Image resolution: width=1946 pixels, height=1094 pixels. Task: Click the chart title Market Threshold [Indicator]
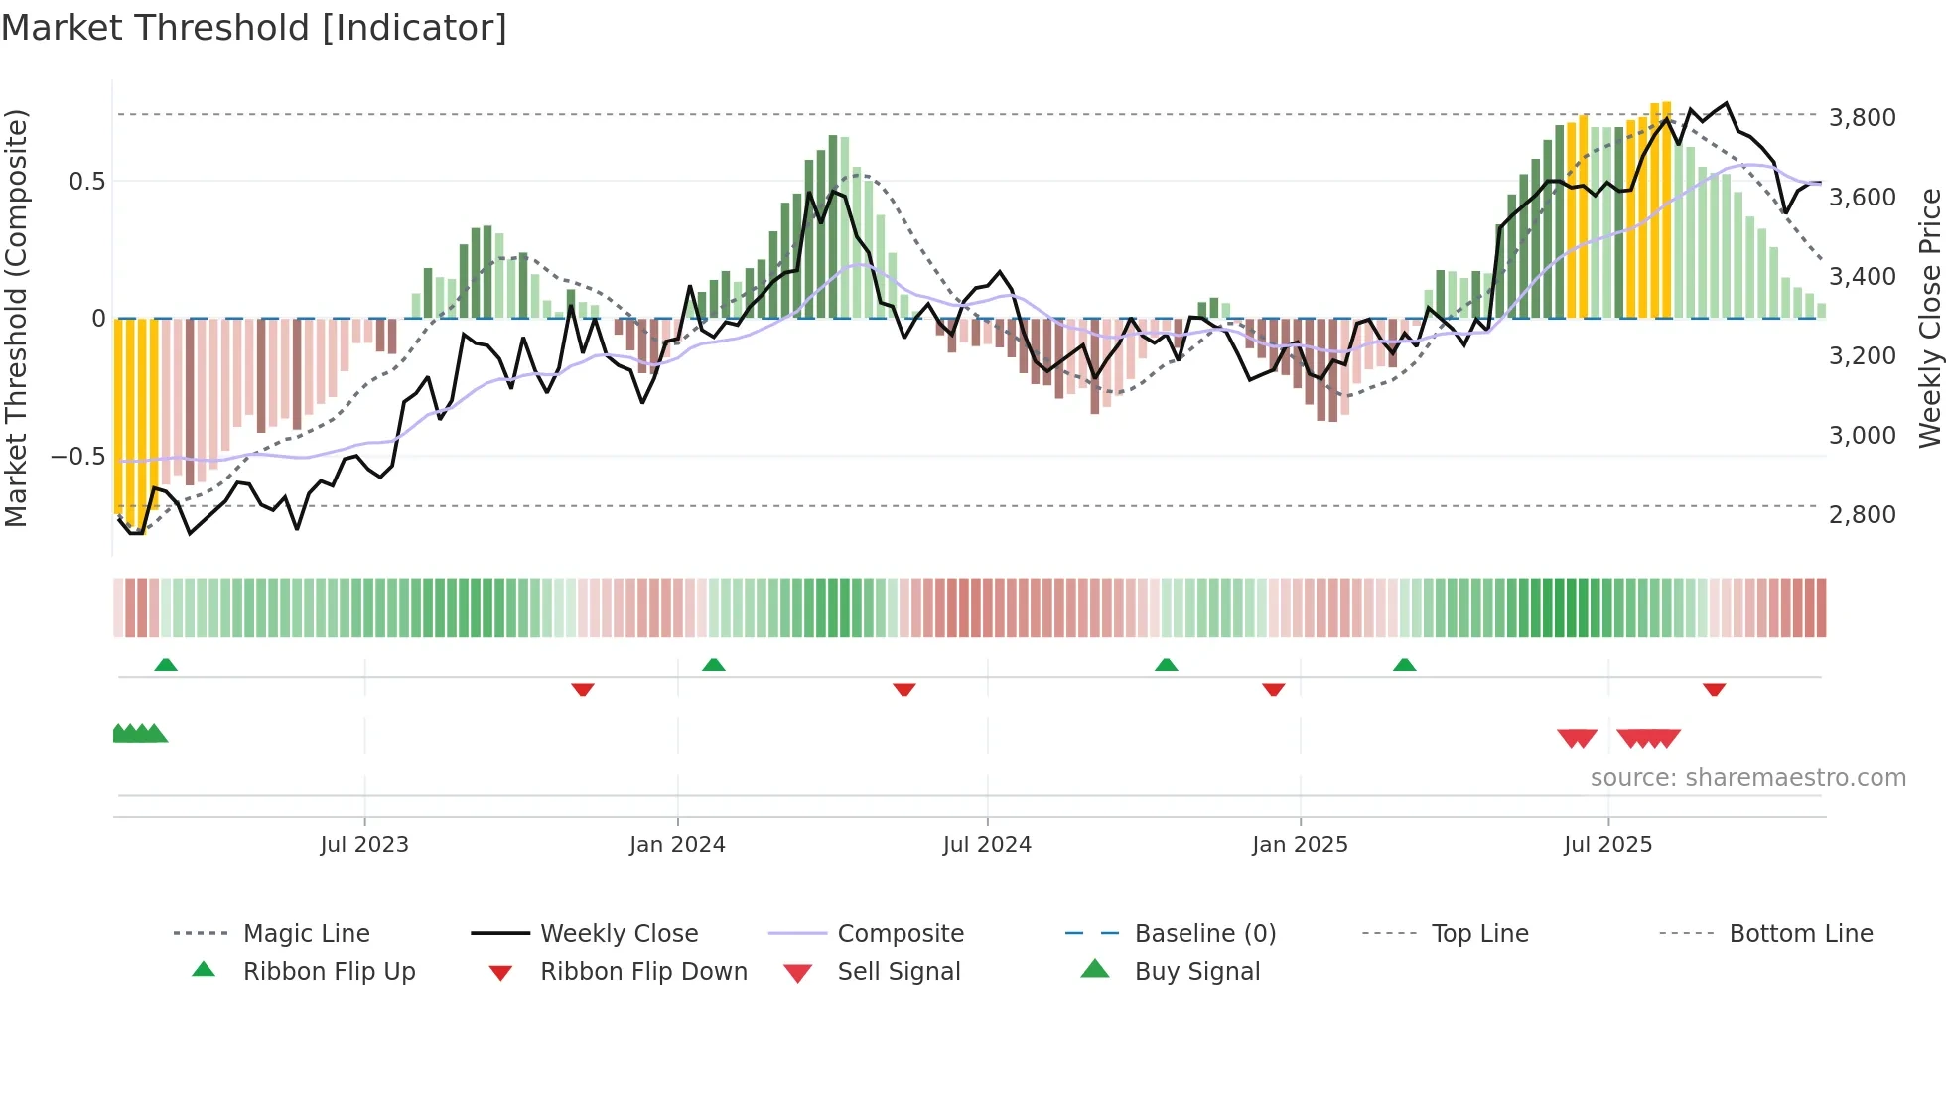[x=254, y=28]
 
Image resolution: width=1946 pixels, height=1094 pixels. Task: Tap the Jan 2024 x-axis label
[x=677, y=845]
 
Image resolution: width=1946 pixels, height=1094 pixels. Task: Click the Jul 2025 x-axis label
[x=1607, y=845]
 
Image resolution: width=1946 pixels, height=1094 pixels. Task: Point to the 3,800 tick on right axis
[x=1862, y=118]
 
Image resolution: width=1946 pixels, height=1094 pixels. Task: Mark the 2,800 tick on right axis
[x=1862, y=515]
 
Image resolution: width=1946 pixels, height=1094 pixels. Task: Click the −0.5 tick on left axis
[x=77, y=457]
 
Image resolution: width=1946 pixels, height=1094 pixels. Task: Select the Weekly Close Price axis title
[x=1928, y=318]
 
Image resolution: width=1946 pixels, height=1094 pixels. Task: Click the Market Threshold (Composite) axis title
[x=16, y=318]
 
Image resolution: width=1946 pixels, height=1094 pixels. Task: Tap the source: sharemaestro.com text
[x=1747, y=778]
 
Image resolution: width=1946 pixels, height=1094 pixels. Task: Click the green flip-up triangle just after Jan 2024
[x=713, y=665]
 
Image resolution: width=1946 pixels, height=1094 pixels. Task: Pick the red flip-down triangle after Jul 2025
[x=1714, y=689]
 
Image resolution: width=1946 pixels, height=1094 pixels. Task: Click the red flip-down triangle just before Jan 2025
[x=1273, y=689]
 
